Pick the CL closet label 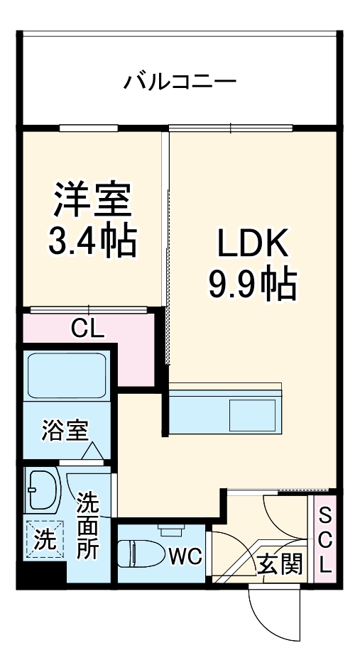click(x=87, y=328)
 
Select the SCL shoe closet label click(x=324, y=539)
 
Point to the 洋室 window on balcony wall click(x=89, y=128)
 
